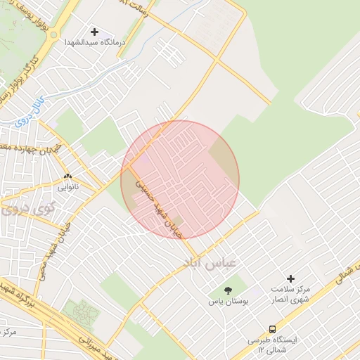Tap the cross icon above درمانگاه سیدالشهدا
coord(94,32)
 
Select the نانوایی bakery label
coord(67,187)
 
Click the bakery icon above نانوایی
coord(67,176)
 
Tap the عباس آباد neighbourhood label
coord(211,262)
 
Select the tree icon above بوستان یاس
coord(228,290)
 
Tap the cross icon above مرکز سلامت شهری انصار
coord(291,279)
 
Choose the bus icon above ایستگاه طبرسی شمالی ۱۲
coord(272,328)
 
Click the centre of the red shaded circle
coord(180,179)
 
